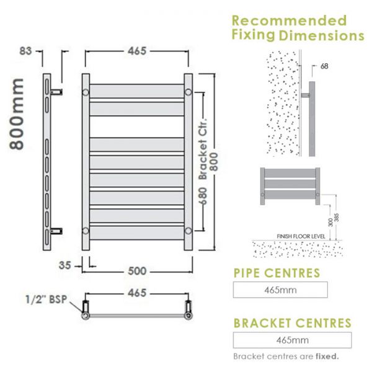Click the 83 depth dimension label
coord(25,51)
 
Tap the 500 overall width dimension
coord(137,271)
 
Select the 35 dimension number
coord(64,265)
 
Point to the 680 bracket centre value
coord(203,196)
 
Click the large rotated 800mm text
coord(17,114)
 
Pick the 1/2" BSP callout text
coord(46,299)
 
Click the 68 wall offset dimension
coord(324,66)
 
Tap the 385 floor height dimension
coord(337,218)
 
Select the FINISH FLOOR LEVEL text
coord(301,237)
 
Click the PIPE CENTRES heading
coord(277,273)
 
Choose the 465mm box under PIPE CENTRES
coord(280,290)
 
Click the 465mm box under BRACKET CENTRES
coord(292,340)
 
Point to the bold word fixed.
coord(327,356)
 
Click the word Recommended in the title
coord(289,20)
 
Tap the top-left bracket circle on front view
coord(86,92)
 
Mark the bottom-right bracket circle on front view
coord(188,231)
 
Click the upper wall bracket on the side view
coord(56,92)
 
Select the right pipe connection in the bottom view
coord(188,310)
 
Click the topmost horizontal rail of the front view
coord(136,91)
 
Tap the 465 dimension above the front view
coord(137,51)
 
